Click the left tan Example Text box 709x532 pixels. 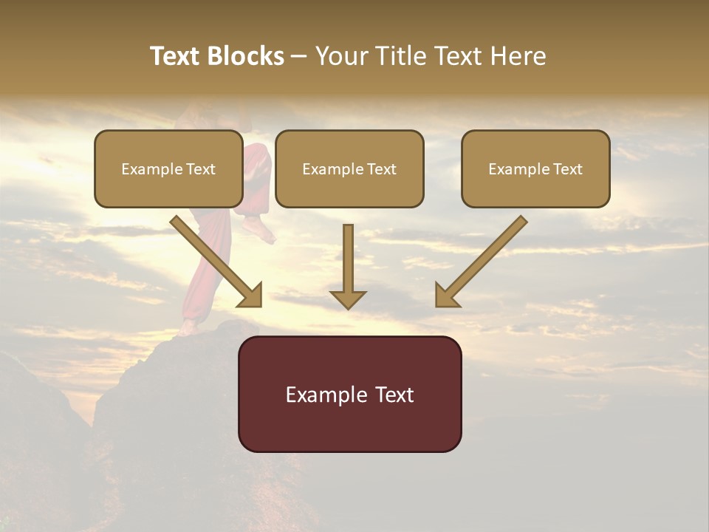(168, 168)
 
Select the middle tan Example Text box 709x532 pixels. (349, 168)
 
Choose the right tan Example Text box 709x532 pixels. (535, 168)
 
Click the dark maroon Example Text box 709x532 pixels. (349, 394)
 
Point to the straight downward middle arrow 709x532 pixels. (348, 262)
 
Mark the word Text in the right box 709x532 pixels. (567, 169)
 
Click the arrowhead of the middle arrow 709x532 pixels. (348, 299)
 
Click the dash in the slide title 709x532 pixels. (300, 56)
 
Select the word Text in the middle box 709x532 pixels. (381, 169)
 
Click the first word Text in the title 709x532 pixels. (175, 56)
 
